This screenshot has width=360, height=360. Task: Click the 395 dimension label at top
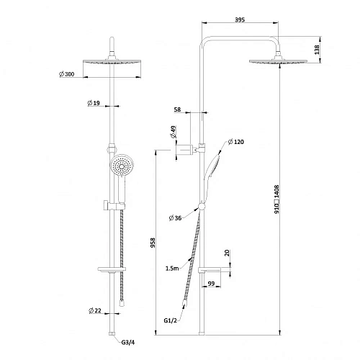pos(240,19)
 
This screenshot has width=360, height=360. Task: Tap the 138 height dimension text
pos(317,50)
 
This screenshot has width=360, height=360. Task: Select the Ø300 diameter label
pos(67,74)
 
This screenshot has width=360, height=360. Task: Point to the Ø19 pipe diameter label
pos(94,103)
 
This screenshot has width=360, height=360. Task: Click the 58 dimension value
pos(177,109)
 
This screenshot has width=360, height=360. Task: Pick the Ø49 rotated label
pos(173,132)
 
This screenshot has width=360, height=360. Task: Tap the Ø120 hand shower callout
pos(236,142)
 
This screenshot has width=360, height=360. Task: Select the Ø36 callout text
pos(175,218)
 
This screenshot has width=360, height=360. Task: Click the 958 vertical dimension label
pos(153,243)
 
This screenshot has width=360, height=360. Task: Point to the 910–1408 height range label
pos(276,199)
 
